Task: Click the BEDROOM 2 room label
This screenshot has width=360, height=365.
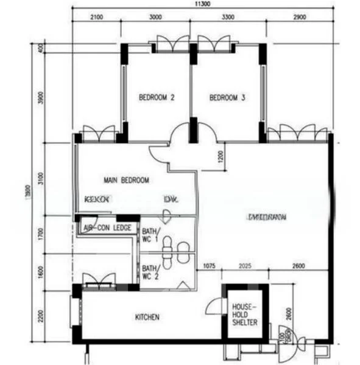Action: (157, 97)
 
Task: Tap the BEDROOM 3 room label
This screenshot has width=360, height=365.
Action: (227, 97)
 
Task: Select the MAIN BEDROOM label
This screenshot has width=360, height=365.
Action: (126, 180)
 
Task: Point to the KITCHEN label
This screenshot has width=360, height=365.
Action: (147, 317)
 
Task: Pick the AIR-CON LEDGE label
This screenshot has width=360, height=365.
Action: (107, 228)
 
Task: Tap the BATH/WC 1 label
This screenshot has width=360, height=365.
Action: (150, 235)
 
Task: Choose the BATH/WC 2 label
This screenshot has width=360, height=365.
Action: (150, 271)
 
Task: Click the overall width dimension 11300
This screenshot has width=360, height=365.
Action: (203, 4)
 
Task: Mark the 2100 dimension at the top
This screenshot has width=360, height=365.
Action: (96, 17)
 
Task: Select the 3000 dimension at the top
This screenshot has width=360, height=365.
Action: (155, 17)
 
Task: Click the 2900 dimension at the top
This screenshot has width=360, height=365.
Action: (298, 17)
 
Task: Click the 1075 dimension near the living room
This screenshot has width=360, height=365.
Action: (210, 266)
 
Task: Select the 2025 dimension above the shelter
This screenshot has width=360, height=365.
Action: (246, 266)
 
